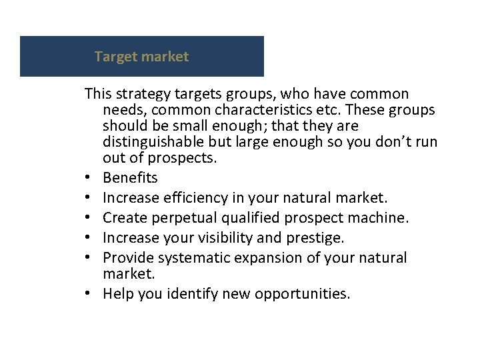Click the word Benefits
(131, 178)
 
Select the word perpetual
(179, 218)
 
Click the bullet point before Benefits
(89, 179)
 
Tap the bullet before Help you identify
(89, 295)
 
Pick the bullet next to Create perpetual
(89, 219)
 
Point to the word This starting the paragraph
(97, 94)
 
